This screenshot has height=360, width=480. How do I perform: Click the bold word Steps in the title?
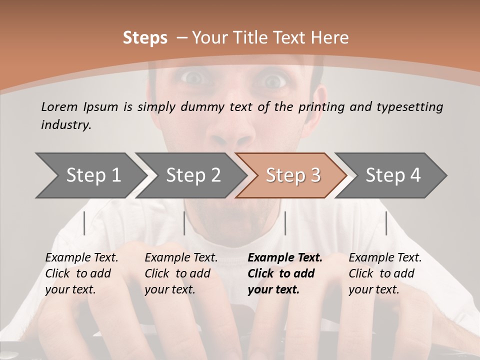pyautogui.click(x=145, y=38)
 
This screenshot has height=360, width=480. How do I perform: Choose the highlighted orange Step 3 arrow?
pyautogui.click(x=293, y=175)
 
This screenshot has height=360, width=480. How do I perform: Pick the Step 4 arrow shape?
pyautogui.click(x=393, y=175)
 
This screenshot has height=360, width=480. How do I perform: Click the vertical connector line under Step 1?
pyautogui.click(x=84, y=223)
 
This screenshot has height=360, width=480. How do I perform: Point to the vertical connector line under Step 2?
pyautogui.click(x=184, y=223)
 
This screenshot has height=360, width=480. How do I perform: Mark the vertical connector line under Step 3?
pyautogui.click(x=285, y=223)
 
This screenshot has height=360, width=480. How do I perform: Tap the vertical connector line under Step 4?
pyautogui.click(x=386, y=223)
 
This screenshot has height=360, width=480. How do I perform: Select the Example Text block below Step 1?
pyautogui.click(x=81, y=273)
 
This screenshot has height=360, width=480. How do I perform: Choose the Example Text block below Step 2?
pyautogui.click(x=181, y=273)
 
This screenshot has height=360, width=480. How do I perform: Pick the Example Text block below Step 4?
pyautogui.click(x=385, y=273)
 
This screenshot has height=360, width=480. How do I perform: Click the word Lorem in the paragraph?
pyautogui.click(x=59, y=106)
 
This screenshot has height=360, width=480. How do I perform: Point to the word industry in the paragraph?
pyautogui.click(x=66, y=125)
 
